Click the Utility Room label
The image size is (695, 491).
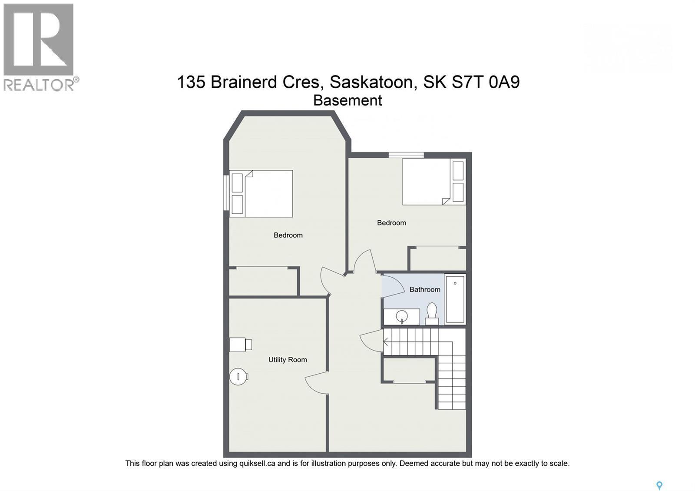click(288, 360)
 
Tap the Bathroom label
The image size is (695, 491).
click(425, 289)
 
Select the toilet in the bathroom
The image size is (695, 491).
click(432, 314)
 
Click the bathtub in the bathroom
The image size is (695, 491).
click(455, 299)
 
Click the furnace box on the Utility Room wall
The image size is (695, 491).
click(239, 345)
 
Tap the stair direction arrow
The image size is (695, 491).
click(386, 342)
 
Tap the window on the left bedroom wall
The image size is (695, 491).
click(226, 192)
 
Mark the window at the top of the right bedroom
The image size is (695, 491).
click(406, 154)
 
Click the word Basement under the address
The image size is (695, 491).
click(347, 100)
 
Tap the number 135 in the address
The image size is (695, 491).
click(191, 82)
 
